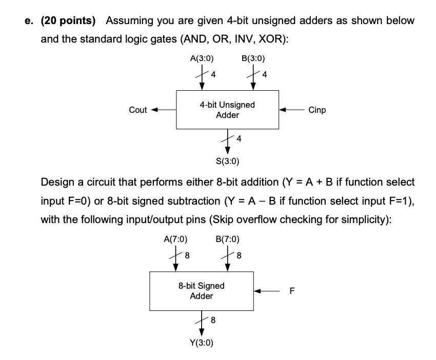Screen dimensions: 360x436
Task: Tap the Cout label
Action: coord(138,110)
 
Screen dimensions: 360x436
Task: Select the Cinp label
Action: coord(317,110)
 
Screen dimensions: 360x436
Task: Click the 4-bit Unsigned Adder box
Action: coord(227,110)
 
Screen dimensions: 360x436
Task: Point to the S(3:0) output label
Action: coord(227,163)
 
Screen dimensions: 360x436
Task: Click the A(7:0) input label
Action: coord(175,239)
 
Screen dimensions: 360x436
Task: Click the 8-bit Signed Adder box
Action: coord(201,291)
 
